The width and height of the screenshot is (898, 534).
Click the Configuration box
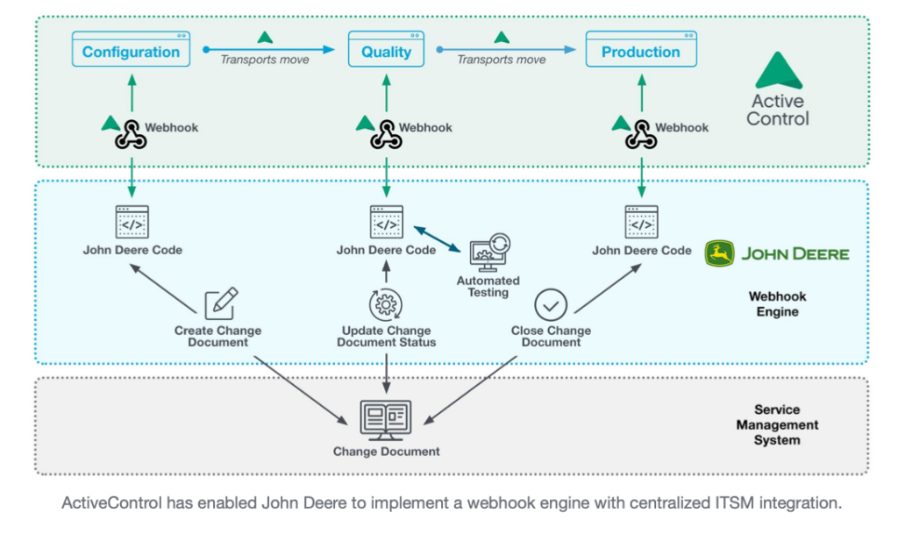(x=131, y=51)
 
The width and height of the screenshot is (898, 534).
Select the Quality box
(x=386, y=51)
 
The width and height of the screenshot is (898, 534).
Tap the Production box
(x=641, y=51)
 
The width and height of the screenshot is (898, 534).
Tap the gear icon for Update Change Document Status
(x=385, y=305)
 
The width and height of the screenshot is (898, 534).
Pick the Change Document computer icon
(x=386, y=419)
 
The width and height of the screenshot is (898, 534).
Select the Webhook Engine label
(x=778, y=304)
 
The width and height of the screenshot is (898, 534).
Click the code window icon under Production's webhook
(x=641, y=223)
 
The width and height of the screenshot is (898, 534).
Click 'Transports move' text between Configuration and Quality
(x=264, y=60)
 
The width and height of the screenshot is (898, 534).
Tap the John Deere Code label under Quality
(x=386, y=250)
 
